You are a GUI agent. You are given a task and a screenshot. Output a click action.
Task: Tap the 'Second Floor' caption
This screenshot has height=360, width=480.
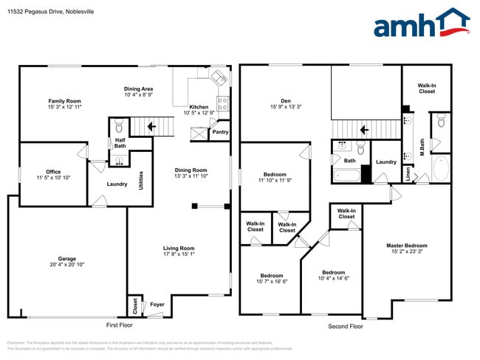click(x=345, y=325)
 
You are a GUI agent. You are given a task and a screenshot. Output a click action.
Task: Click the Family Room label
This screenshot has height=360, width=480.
click(x=64, y=101)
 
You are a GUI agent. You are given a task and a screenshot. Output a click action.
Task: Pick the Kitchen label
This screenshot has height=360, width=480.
click(x=199, y=107)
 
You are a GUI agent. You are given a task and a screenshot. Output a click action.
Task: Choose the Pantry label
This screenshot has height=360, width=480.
click(x=220, y=133)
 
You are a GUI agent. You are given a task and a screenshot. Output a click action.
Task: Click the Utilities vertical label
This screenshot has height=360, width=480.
click(x=141, y=181)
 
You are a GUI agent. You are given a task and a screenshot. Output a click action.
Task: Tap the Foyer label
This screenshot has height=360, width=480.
click(x=157, y=303)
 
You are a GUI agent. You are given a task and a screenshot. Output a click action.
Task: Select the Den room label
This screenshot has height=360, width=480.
click(x=285, y=101)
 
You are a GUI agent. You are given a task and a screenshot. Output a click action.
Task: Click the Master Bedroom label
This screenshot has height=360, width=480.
click(x=406, y=246)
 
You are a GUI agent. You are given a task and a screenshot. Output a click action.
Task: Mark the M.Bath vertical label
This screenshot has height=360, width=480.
click(x=422, y=136)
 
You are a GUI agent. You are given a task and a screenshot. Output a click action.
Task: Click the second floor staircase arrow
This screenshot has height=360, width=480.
click(x=363, y=130)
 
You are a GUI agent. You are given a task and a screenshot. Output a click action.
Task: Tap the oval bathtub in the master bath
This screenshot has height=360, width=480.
click(x=440, y=169)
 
